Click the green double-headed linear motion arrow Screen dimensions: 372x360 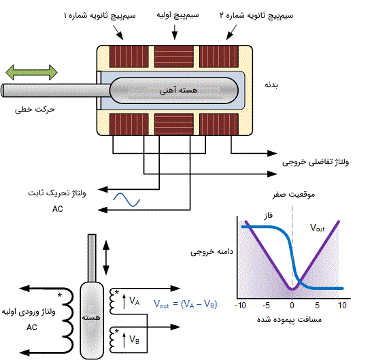pyautogui.click(x=31, y=72)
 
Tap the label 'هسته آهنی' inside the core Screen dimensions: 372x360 pyautogui.click(x=178, y=90)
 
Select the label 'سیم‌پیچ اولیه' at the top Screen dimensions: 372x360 pyautogui.click(x=177, y=15)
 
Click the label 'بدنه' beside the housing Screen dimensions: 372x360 pyautogui.click(x=271, y=85)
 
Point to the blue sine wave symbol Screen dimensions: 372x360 pyautogui.click(x=126, y=199)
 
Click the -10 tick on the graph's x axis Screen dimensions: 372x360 pyautogui.click(x=240, y=305)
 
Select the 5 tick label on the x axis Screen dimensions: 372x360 pyautogui.click(x=317, y=305)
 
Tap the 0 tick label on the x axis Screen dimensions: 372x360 pyautogui.click(x=292, y=305)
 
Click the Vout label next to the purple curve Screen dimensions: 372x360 pyautogui.click(x=317, y=228)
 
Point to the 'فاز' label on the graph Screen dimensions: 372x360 pyautogui.click(x=269, y=216)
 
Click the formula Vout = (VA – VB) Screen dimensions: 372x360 pyautogui.click(x=185, y=304)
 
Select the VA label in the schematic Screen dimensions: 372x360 pyautogui.click(x=134, y=301)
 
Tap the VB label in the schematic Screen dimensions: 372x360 pyautogui.click(x=134, y=340)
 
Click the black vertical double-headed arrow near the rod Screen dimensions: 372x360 pyautogui.click(x=106, y=257)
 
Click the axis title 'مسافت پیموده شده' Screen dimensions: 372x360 pyautogui.click(x=289, y=319)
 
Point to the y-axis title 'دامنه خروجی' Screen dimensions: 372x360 pyautogui.click(x=212, y=252)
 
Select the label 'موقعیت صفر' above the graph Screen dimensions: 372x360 pyautogui.click(x=294, y=195)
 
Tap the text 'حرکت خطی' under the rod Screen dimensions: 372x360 pyautogui.click(x=35, y=110)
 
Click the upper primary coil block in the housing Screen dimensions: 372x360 pyautogui.click(x=174, y=56)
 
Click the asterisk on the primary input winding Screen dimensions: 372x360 pyautogui.click(x=60, y=295)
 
